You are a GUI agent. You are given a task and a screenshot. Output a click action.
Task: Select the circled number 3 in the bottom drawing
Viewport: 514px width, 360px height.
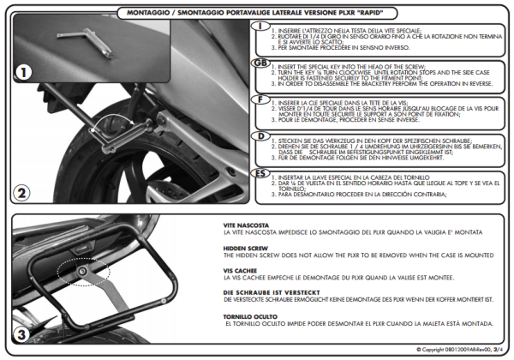pyautogui.click(x=22, y=333)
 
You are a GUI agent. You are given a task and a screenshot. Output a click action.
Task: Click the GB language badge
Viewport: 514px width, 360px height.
pyautogui.click(x=260, y=64)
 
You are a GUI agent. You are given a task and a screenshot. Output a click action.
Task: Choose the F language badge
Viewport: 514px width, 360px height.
pyautogui.click(x=260, y=99)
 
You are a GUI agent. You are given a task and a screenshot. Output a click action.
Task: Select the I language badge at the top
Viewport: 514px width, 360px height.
pyautogui.click(x=260, y=27)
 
